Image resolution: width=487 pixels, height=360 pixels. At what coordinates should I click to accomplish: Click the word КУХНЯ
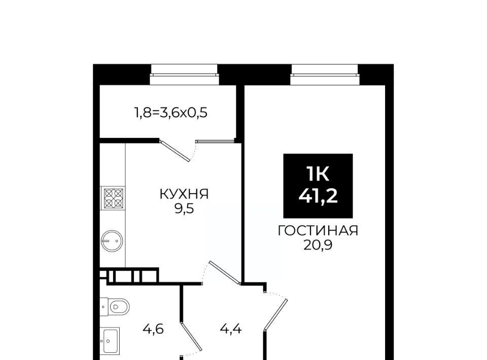click(x=184, y=194)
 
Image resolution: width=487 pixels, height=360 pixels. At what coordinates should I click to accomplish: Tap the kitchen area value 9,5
click(x=184, y=209)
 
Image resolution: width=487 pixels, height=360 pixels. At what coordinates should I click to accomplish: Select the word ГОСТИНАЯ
click(x=318, y=231)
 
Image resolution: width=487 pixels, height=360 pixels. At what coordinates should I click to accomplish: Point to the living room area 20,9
click(x=318, y=245)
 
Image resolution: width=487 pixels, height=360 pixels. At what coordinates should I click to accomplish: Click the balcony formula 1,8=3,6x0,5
click(x=170, y=113)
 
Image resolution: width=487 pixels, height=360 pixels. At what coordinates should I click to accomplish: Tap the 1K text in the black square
click(x=318, y=173)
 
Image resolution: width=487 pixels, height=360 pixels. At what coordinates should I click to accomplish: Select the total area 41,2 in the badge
click(x=318, y=196)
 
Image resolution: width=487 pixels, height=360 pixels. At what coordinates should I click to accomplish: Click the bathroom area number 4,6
click(x=153, y=329)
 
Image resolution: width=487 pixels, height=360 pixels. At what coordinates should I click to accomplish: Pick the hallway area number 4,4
click(x=231, y=329)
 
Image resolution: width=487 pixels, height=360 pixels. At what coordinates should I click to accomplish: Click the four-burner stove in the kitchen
click(x=113, y=198)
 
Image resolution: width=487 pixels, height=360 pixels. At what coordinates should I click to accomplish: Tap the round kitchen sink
click(x=112, y=241)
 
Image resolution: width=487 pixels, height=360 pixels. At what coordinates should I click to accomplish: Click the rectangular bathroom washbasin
click(x=110, y=340)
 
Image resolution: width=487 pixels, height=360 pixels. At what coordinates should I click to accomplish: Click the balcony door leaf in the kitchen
click(x=175, y=151)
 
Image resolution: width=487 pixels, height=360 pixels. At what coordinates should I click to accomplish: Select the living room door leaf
click(x=276, y=314)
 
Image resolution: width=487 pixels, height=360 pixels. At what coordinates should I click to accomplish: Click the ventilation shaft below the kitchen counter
click(x=129, y=276)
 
